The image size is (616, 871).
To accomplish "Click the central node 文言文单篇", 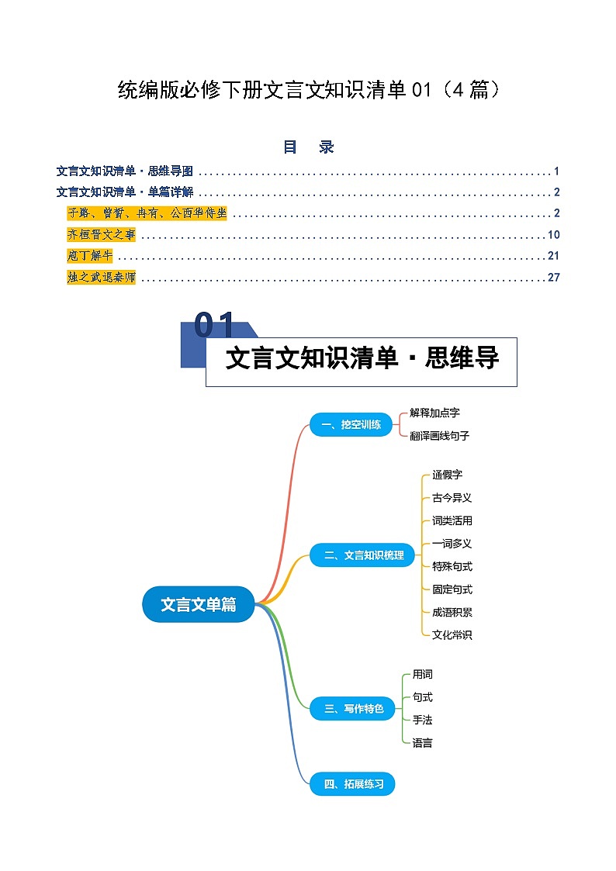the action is [x=199, y=604].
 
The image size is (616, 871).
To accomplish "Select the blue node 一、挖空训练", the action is [x=351, y=424].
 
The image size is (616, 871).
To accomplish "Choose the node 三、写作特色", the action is [x=352, y=708].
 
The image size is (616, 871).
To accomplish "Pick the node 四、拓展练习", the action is [x=352, y=784].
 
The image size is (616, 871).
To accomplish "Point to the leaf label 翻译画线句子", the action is [x=439, y=436].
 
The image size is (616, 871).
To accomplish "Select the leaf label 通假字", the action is [x=447, y=475].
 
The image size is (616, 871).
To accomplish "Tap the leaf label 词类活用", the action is [x=452, y=520].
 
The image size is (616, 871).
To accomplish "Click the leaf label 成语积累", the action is [x=452, y=612].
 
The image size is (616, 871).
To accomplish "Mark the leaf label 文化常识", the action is [x=452, y=634].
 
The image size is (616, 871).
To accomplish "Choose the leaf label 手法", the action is [x=422, y=720].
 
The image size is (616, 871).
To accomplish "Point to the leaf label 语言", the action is [x=422, y=743].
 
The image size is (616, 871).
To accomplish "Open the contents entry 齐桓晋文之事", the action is [x=101, y=235].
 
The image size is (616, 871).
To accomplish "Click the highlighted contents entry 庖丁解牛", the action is [x=90, y=256].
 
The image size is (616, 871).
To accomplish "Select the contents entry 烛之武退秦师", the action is [x=101, y=277].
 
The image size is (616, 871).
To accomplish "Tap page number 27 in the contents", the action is [x=553, y=277].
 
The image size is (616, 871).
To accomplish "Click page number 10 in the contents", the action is [x=553, y=235].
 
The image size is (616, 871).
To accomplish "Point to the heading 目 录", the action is [x=308, y=147].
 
